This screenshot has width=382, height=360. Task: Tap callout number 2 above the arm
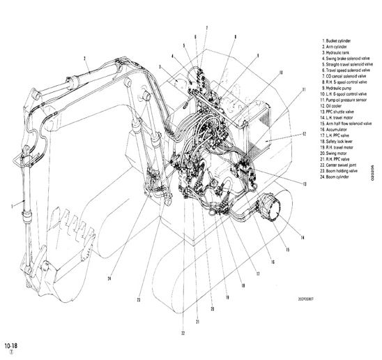tap(84, 58)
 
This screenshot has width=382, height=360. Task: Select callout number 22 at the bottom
tap(183, 333)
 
